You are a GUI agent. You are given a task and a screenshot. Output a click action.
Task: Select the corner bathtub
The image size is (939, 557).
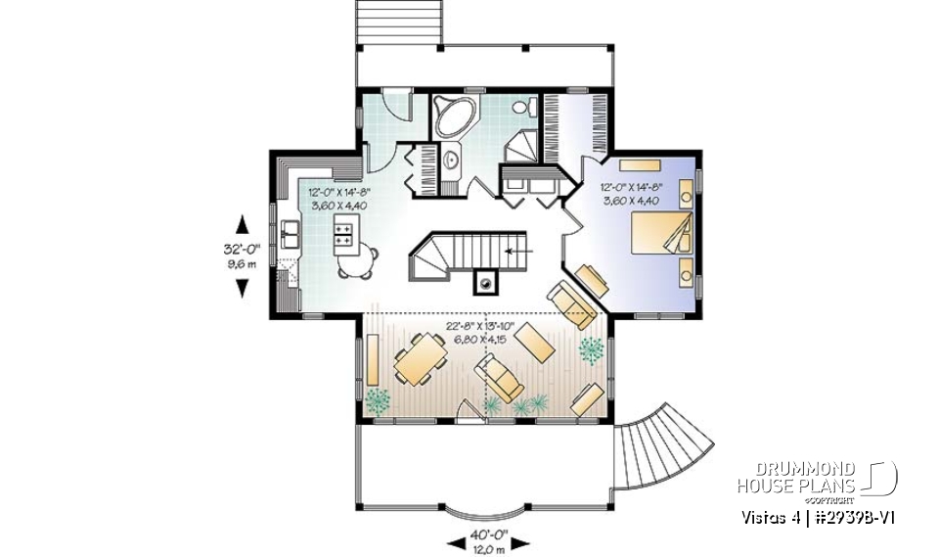click(454, 116)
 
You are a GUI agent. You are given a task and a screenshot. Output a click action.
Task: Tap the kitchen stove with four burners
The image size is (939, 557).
click(345, 233)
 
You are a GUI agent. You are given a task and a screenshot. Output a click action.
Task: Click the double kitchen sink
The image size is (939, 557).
click(291, 235)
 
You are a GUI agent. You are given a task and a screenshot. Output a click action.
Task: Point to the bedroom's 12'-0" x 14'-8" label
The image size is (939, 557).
click(632, 193)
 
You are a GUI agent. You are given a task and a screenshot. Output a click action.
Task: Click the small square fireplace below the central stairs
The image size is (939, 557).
click(485, 284)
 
